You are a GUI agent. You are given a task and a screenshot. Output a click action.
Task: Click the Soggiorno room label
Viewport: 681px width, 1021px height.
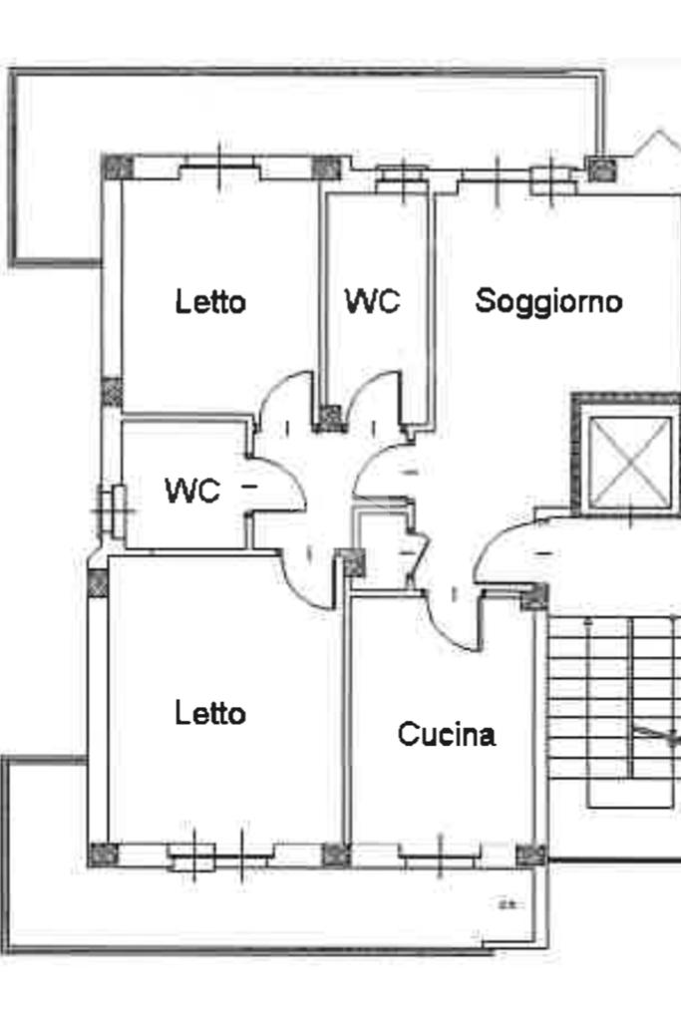click(x=548, y=300)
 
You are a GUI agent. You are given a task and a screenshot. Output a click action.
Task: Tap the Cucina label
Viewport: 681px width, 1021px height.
click(x=446, y=735)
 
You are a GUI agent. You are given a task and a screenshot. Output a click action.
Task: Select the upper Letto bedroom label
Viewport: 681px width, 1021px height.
click(x=210, y=301)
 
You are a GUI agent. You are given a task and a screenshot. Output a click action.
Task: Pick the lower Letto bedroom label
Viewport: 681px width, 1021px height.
click(x=210, y=714)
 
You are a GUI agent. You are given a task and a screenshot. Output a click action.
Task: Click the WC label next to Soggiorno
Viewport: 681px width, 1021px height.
click(x=372, y=300)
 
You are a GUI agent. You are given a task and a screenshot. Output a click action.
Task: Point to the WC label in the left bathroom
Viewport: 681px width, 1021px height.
click(x=192, y=490)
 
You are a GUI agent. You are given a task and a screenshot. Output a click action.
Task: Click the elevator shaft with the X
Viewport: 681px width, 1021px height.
click(x=630, y=462)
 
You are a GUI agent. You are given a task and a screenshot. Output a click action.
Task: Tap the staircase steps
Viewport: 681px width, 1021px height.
click(x=598, y=698)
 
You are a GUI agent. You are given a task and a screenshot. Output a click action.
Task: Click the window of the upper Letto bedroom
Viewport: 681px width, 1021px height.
click(x=220, y=168)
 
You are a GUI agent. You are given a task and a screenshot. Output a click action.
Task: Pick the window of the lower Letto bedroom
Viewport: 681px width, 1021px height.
click(x=219, y=853)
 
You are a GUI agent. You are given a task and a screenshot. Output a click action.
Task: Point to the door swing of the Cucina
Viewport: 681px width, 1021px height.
click(x=454, y=618)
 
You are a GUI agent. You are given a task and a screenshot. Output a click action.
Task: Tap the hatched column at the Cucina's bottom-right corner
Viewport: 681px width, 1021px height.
click(x=531, y=854)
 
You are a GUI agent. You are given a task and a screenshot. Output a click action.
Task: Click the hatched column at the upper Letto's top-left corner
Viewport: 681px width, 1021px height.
click(x=118, y=167)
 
